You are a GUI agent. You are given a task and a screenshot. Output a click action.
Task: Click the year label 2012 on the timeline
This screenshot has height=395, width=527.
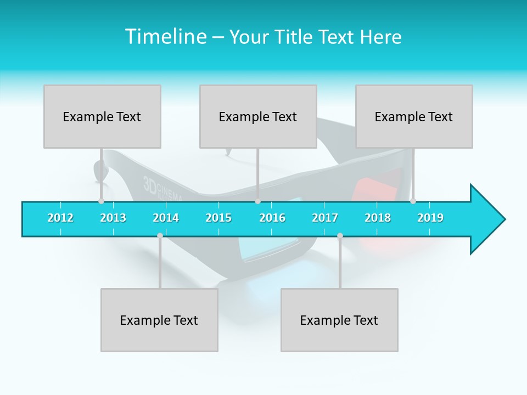click(60, 218)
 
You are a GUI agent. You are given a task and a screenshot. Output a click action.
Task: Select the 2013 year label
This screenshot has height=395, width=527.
click(113, 218)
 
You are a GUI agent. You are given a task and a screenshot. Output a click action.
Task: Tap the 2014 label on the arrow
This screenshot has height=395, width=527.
click(166, 218)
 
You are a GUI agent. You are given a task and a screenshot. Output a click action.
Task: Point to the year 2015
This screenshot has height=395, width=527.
click(218, 218)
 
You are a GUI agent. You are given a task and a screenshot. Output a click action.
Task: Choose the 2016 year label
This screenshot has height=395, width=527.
click(272, 218)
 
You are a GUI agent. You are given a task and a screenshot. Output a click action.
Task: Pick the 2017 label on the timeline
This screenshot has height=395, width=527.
click(325, 218)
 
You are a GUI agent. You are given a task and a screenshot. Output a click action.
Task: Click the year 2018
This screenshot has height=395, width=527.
click(378, 218)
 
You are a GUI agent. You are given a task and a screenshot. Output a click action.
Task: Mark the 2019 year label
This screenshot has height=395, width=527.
click(430, 218)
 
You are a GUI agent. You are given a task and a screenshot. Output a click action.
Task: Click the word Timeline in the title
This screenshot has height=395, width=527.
click(165, 37)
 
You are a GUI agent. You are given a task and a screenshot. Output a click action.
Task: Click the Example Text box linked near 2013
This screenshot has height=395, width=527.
click(102, 116)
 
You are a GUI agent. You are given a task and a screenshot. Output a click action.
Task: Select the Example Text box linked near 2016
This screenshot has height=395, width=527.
click(258, 116)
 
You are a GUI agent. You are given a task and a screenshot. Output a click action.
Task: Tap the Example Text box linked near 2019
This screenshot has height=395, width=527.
click(414, 116)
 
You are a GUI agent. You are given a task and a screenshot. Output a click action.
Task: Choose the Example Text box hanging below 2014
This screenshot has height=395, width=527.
click(159, 320)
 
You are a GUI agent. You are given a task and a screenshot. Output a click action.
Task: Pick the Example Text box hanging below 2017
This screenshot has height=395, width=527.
click(339, 320)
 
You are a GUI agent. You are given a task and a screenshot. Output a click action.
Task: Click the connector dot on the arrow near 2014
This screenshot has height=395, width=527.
click(160, 235)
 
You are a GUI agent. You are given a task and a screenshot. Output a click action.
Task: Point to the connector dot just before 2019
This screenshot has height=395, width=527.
click(413, 201)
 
